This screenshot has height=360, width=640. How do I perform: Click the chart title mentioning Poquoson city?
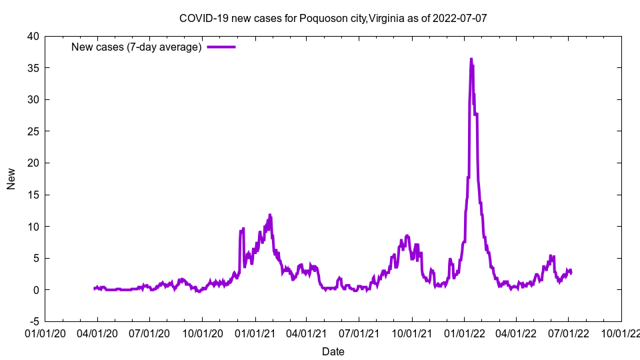[333, 18]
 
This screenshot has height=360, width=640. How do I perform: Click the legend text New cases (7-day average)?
[137, 47]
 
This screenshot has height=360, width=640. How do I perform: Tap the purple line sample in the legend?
[221, 47]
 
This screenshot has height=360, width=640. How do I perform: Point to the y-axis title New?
[11, 179]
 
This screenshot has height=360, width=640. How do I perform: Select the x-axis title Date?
[333, 351]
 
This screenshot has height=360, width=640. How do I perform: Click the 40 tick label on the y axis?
[33, 37]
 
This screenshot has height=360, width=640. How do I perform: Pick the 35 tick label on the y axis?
[33, 68]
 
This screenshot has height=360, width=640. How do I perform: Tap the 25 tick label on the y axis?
[33, 131]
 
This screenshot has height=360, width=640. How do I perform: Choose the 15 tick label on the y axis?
[33, 195]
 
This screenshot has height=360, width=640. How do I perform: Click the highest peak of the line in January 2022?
[471, 59]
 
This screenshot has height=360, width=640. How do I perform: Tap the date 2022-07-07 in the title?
[459, 18]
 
